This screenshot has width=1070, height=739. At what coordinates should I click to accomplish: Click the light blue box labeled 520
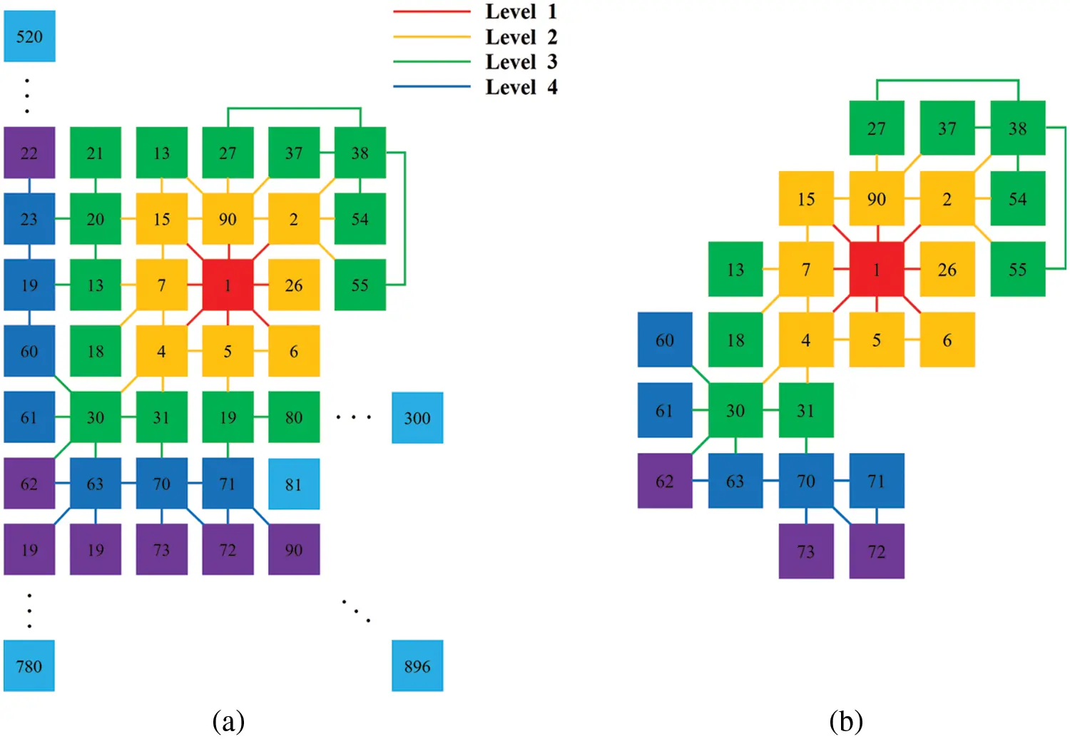tap(29, 36)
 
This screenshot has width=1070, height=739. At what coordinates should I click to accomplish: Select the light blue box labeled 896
tap(417, 666)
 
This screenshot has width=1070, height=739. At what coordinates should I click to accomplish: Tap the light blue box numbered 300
tap(417, 417)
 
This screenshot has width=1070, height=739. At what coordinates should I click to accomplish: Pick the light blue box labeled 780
tap(29, 666)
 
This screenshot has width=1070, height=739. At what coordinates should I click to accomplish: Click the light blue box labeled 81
tap(294, 484)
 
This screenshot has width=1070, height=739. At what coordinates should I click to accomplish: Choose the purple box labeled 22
tap(29, 153)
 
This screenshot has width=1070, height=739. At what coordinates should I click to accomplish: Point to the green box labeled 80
tap(294, 417)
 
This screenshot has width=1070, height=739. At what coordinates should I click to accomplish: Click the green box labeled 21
tap(96, 153)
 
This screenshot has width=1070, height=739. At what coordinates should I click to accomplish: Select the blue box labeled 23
tap(29, 219)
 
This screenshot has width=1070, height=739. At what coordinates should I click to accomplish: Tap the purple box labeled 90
tap(294, 549)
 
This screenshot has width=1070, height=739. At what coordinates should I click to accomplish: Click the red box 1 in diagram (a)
tap(228, 285)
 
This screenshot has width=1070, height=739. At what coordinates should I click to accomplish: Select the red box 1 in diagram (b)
tap(877, 269)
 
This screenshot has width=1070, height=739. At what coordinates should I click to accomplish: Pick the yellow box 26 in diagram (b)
tap(947, 269)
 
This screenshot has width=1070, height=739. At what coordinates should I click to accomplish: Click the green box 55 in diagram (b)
tap(1018, 269)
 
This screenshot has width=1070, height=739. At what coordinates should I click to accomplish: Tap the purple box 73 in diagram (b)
tap(806, 551)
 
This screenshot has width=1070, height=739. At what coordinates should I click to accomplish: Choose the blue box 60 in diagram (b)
tap(665, 340)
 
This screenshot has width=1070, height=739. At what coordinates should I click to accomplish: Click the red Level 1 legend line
tap(432, 11)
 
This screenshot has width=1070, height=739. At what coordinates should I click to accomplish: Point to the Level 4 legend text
tap(521, 87)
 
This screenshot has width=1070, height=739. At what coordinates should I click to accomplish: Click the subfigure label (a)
tap(228, 721)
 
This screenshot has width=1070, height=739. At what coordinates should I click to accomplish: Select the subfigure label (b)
tap(846, 721)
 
